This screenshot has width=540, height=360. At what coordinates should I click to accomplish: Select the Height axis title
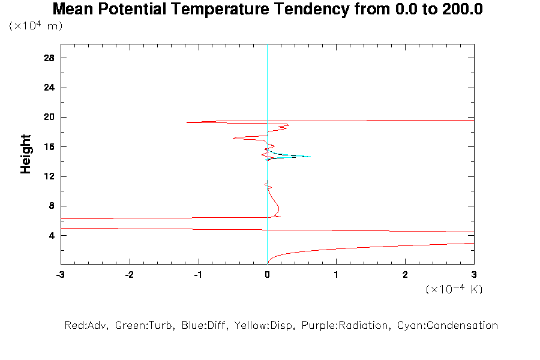pyautogui.click(x=26, y=154)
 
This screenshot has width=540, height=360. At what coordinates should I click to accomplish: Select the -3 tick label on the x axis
pyautogui.click(x=60, y=275)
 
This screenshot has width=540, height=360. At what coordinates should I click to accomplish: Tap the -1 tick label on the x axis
pyautogui.click(x=197, y=275)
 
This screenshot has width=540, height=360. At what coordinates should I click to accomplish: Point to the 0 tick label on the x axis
pyautogui.click(x=267, y=275)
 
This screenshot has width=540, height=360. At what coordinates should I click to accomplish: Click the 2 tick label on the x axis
pyautogui.click(x=405, y=275)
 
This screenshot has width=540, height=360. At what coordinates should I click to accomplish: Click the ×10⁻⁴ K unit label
pyautogui.click(x=454, y=289)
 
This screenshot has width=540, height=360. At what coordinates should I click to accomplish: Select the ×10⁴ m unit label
pyautogui.click(x=35, y=26)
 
